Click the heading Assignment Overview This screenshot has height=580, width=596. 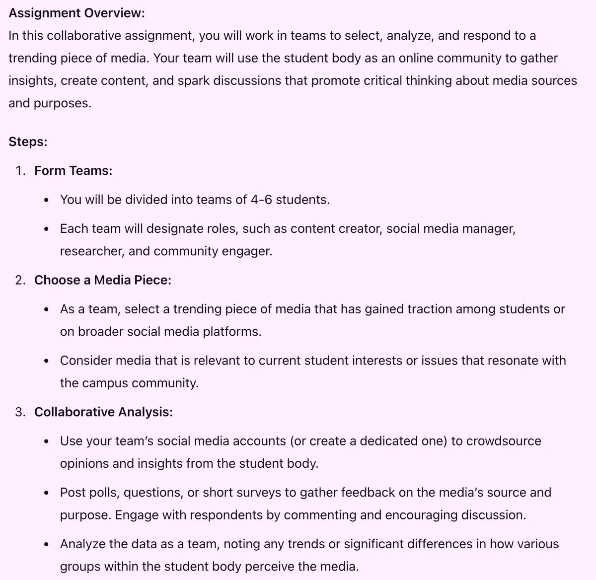[x=76, y=13]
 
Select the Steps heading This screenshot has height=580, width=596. [x=28, y=142]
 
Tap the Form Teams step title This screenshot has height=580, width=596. [x=73, y=171]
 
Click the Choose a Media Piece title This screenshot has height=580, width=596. [x=102, y=280]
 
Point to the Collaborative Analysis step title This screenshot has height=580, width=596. [x=103, y=412]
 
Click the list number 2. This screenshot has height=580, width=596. [x=19, y=280]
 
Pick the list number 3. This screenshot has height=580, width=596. [x=19, y=412]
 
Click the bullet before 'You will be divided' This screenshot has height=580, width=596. [x=46, y=200]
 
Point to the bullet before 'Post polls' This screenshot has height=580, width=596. [x=46, y=493]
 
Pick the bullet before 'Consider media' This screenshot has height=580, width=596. [x=46, y=361]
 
